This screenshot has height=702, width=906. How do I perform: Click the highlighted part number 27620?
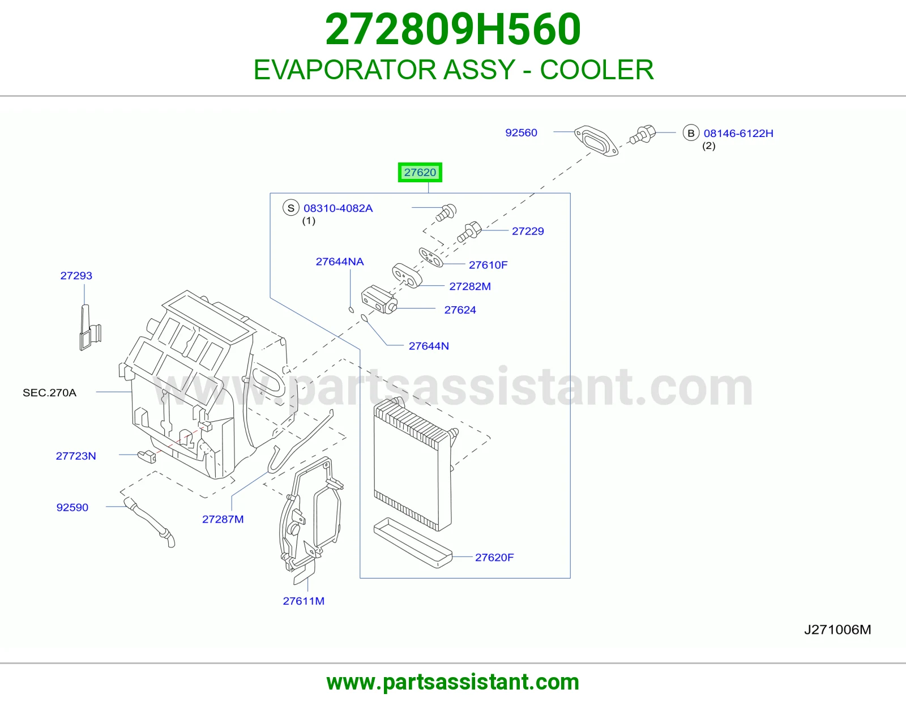pyautogui.click(x=420, y=172)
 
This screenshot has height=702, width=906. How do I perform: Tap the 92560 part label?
pyautogui.click(x=521, y=132)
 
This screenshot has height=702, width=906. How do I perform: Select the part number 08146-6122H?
pyautogui.click(x=738, y=134)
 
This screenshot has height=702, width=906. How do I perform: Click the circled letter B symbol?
pyautogui.click(x=691, y=133)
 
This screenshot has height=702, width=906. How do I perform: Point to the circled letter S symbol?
pyautogui.click(x=291, y=208)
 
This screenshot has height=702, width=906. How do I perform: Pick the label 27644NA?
pyautogui.click(x=340, y=262)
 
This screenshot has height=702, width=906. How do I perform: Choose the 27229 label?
pyautogui.click(x=528, y=231)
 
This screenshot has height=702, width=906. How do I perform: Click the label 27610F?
pyautogui.click(x=488, y=265)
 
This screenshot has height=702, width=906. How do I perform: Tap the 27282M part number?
pyautogui.click(x=470, y=286)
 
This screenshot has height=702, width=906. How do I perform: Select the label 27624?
pyautogui.click(x=460, y=310)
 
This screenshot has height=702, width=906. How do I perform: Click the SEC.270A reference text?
pyautogui.click(x=50, y=393)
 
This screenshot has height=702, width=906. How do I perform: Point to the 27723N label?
pyautogui.click(x=76, y=456)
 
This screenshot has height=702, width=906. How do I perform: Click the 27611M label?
pyautogui.click(x=304, y=601)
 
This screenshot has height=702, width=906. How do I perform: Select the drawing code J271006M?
pyautogui.click(x=837, y=630)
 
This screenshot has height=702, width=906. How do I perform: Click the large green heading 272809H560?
pyautogui.click(x=453, y=29)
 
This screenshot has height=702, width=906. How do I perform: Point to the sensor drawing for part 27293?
pyautogui.click(x=90, y=328)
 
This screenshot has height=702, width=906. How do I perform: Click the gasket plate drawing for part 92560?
pyautogui.click(x=596, y=141)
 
